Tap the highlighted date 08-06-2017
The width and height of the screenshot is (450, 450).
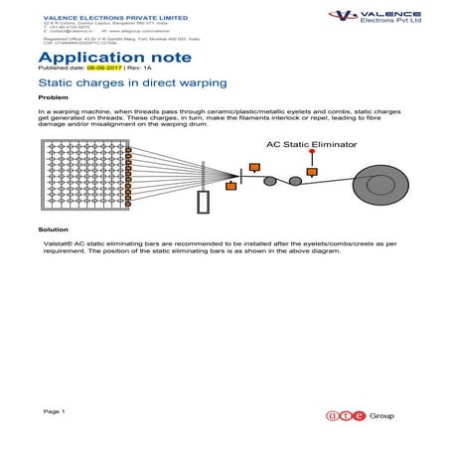tap(101, 71)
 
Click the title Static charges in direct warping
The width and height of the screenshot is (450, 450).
tap(132, 83)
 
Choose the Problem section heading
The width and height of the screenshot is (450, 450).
tap(53, 98)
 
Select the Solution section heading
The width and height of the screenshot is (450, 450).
tap(54, 228)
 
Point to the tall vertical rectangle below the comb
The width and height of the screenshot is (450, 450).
tap(204, 202)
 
